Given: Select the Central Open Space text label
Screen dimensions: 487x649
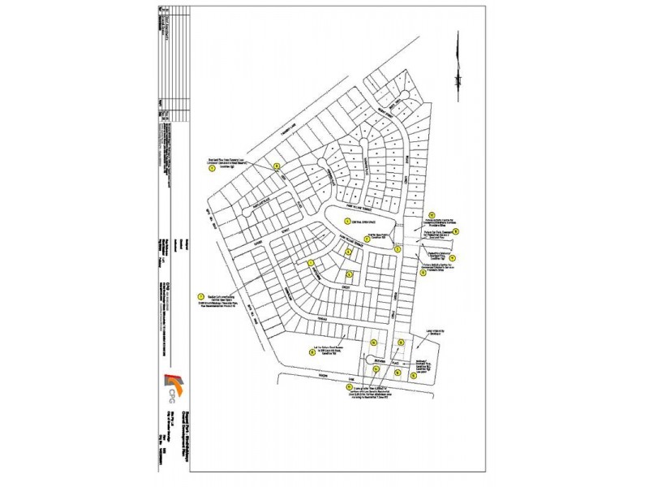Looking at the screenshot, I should click(363, 221).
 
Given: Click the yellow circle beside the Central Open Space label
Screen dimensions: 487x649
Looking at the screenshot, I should click(347, 221).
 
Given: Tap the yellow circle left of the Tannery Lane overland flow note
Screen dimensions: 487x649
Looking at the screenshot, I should click(213, 170).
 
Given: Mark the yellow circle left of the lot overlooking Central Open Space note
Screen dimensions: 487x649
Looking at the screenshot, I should click(200, 296).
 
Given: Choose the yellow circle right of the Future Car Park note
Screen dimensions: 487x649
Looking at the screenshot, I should click(456, 231).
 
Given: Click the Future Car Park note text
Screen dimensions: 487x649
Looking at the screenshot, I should click(433, 232).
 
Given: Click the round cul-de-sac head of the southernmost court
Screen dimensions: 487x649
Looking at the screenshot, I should click(372, 360).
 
